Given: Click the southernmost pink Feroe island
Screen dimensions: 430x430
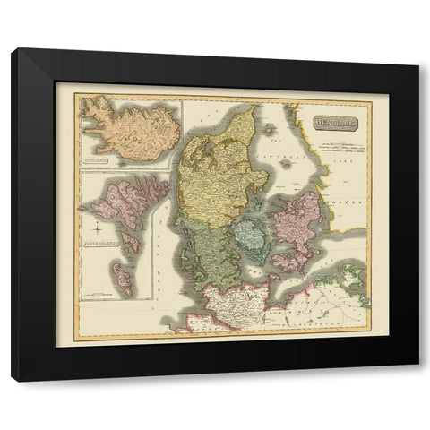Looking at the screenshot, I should (x=126, y=286).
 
